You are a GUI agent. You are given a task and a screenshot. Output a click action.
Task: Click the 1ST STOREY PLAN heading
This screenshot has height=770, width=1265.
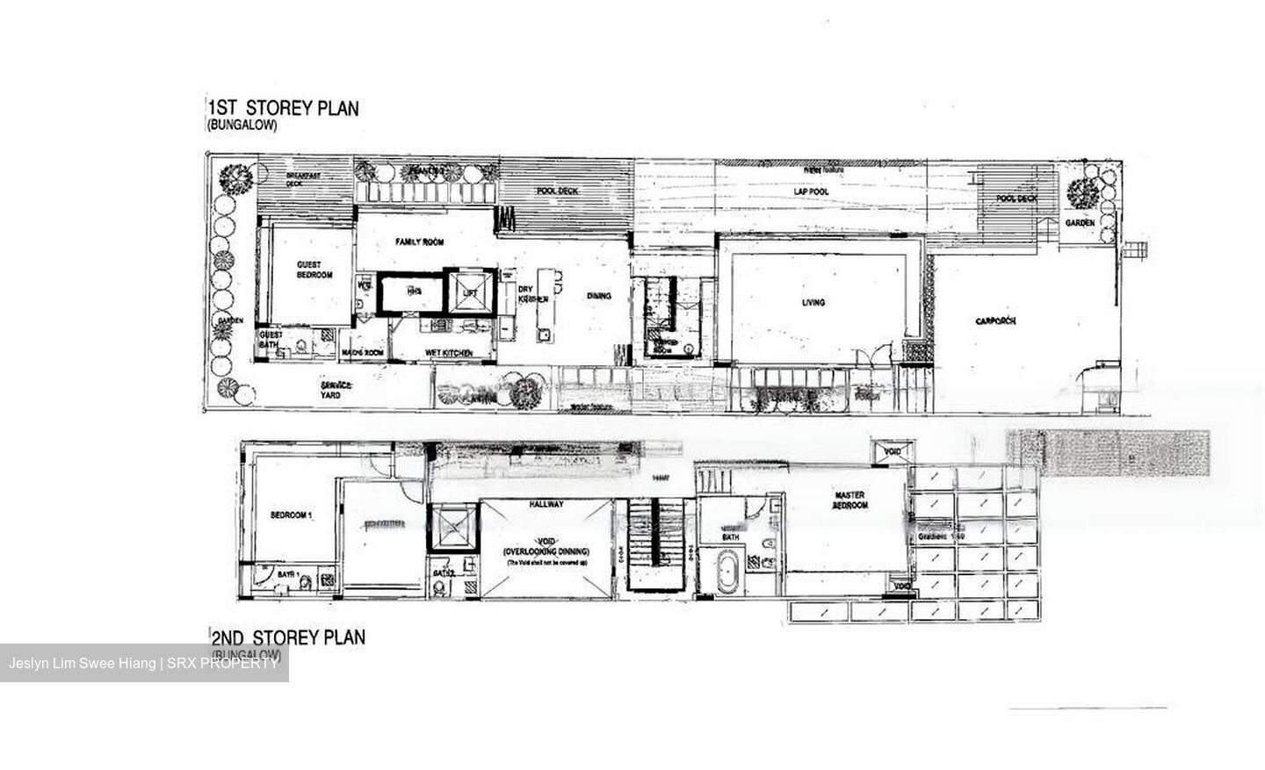coord(283,108)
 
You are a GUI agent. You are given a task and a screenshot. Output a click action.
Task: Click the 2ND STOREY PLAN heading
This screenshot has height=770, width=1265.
coord(287,637)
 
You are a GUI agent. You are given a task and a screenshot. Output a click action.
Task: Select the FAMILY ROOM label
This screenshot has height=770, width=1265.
coord(419,241)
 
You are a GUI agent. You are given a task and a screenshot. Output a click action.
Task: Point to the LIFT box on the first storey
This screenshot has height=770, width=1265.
coord(469,291)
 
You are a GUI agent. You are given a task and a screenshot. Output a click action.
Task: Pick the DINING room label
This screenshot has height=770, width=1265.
coord(599,296)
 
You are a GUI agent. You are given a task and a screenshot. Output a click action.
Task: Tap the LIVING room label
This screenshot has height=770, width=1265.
coord(813,303)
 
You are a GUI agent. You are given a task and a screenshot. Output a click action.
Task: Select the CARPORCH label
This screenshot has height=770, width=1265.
coord(995,321)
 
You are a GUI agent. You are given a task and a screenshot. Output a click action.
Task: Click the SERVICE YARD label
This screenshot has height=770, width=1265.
coord(336,390)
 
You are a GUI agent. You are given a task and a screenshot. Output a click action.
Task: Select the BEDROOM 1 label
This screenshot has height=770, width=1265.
coord(290,515)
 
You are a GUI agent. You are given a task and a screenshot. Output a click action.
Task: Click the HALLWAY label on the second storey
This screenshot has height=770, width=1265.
coord(546,505)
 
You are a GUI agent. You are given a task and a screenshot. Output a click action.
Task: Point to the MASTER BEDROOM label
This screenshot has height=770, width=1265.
coord(850,500)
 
